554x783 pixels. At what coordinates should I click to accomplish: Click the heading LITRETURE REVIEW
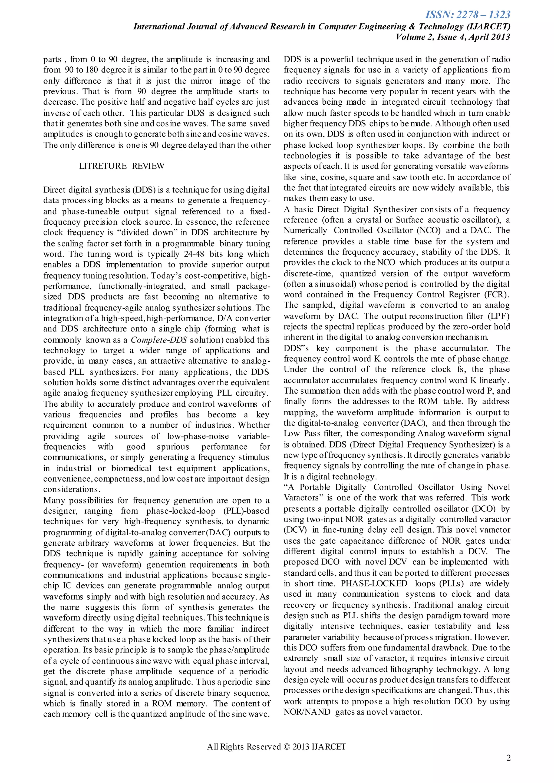[x=122, y=166]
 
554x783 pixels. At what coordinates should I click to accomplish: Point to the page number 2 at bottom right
[x=508, y=768]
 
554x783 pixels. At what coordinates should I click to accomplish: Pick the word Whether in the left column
[x=254, y=425]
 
